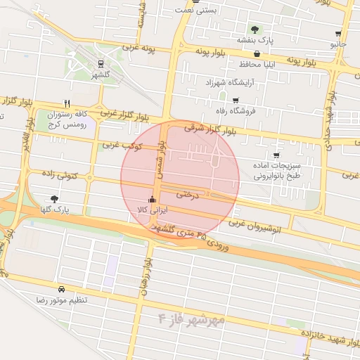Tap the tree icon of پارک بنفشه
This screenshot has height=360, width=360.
[x=255, y=30]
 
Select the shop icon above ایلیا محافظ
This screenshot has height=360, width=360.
[x=257, y=53]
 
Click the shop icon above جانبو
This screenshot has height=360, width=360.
[x=339, y=34]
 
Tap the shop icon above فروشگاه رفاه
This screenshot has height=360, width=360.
[x=236, y=101]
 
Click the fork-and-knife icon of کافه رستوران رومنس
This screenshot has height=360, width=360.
[x=67, y=103]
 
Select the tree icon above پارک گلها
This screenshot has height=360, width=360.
[x=55, y=199]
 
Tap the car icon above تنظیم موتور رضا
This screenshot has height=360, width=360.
[x=62, y=289]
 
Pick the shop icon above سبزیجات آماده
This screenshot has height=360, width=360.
[x=276, y=155]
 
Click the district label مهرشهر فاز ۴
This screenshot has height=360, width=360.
[x=191, y=318]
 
